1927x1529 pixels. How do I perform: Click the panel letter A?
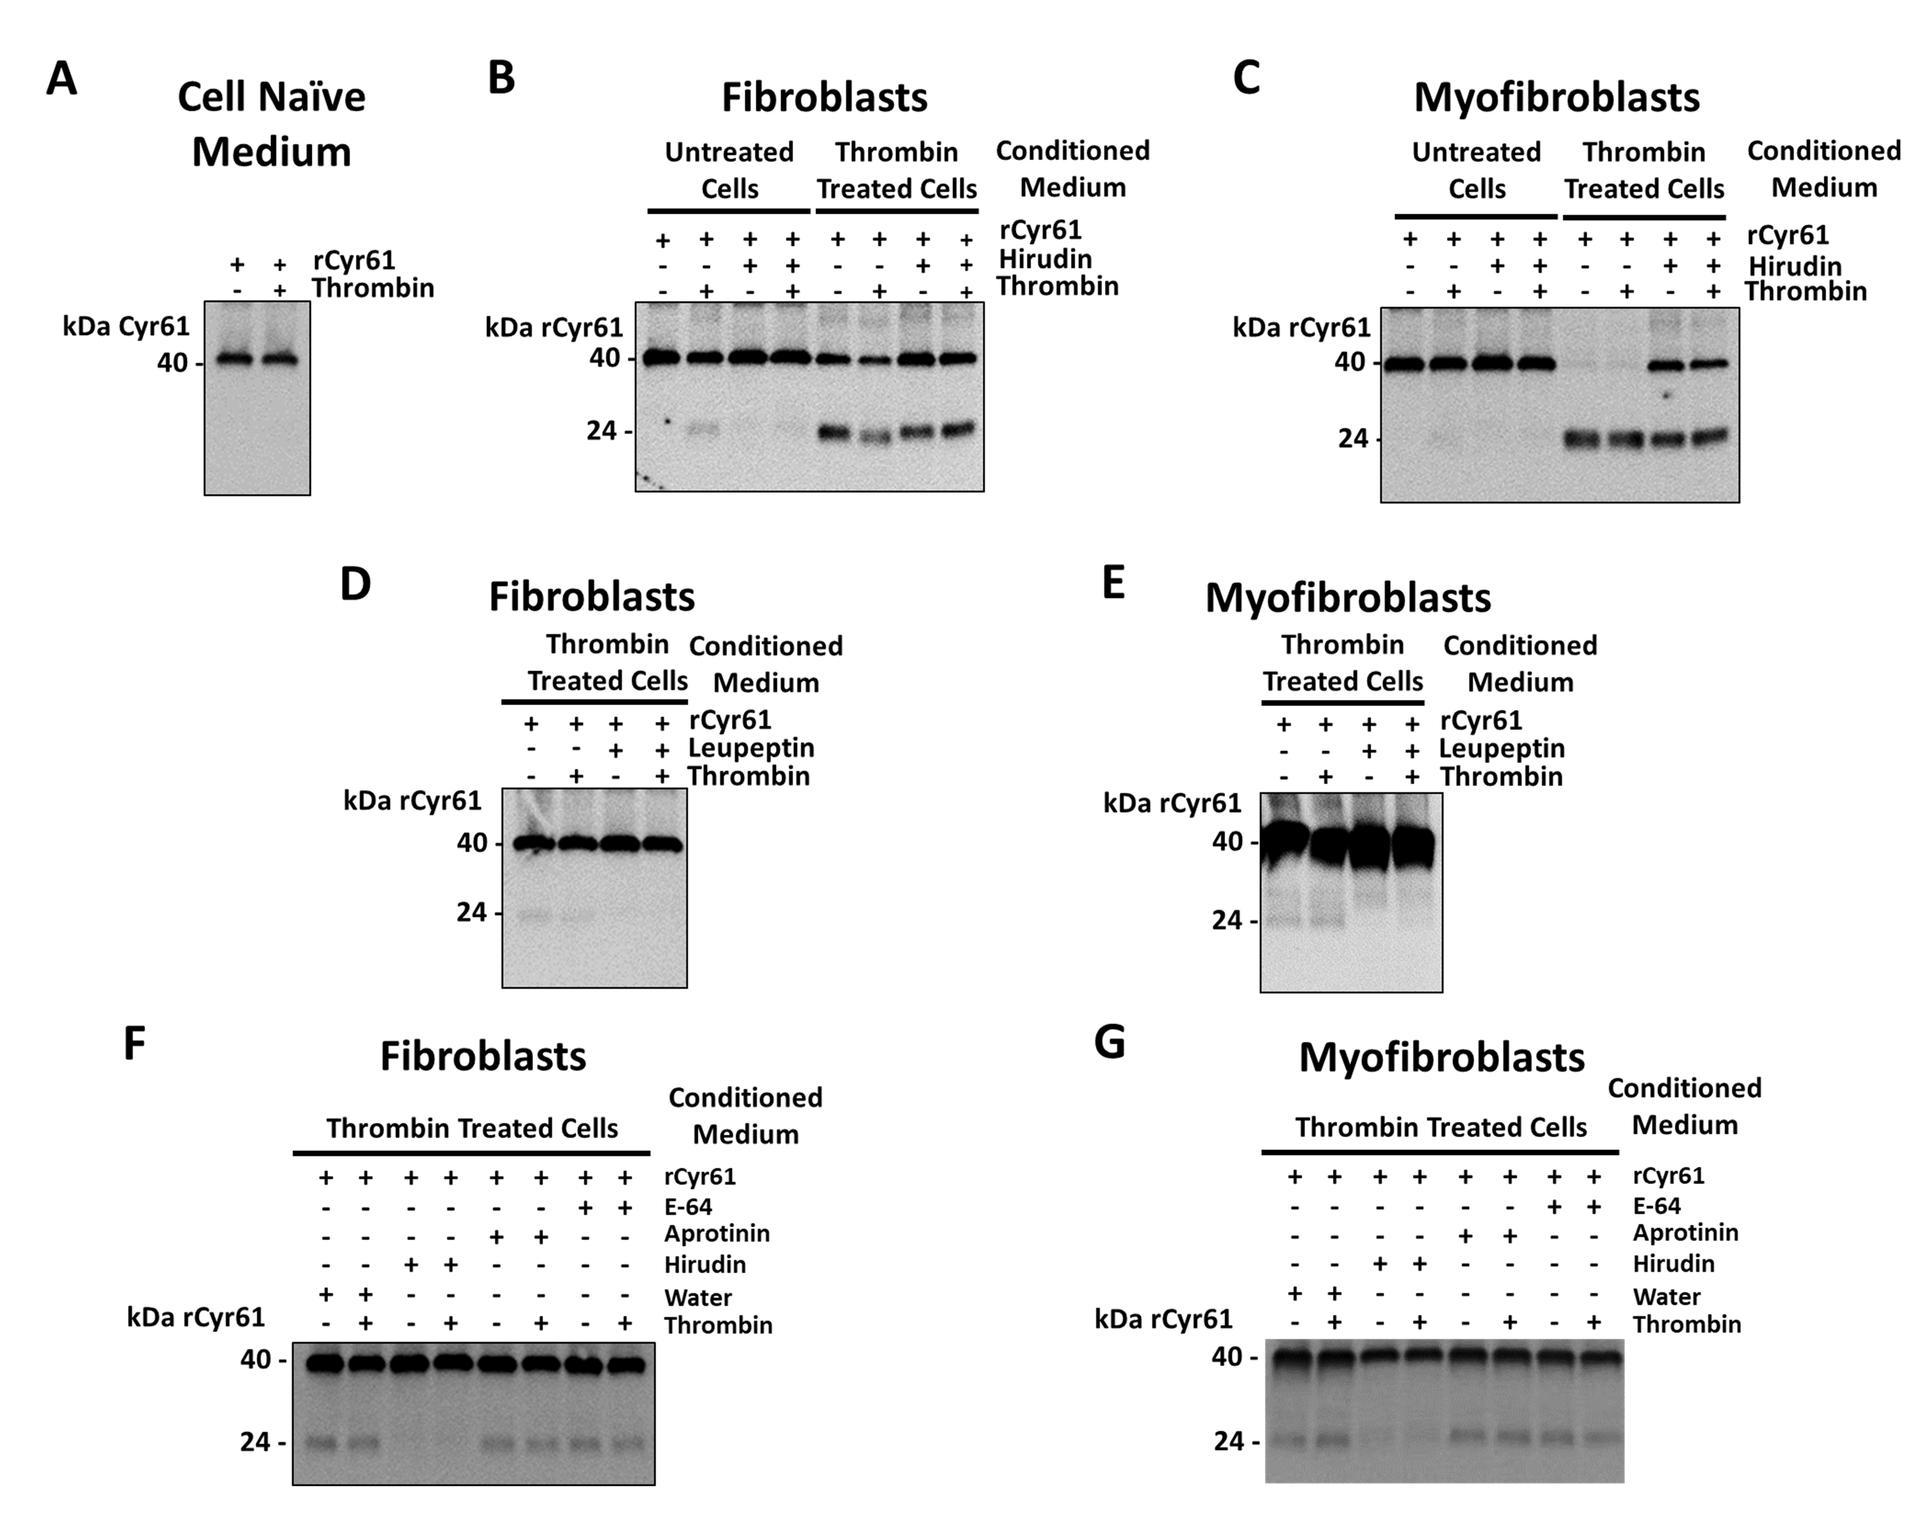tap(62, 79)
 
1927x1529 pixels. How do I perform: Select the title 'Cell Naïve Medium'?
tap(272, 124)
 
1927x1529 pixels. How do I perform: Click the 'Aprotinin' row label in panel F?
tap(717, 1233)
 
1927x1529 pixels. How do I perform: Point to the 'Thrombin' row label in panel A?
tap(373, 288)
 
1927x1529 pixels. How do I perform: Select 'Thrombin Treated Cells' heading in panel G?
tap(1441, 1127)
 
